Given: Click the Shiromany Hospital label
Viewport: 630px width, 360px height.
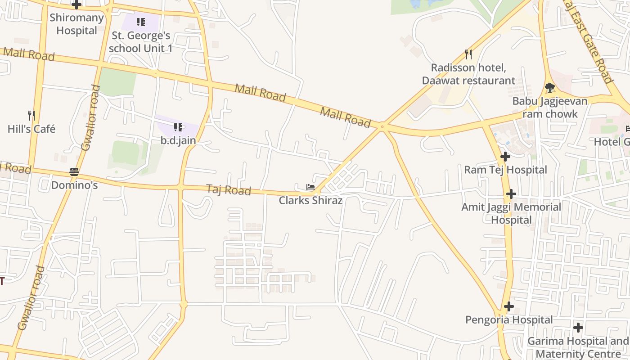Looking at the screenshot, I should pyautogui.click(x=76, y=24).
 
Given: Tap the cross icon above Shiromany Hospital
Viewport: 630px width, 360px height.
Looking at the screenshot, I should pyautogui.click(x=76, y=5).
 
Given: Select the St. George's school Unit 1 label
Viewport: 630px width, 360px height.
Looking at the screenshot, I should pyautogui.click(x=140, y=41).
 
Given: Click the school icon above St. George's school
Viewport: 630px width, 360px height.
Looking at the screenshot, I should pyautogui.click(x=141, y=22).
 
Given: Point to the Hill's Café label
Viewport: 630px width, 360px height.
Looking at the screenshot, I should pyautogui.click(x=31, y=129).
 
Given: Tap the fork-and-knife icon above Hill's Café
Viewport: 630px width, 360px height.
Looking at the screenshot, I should pyautogui.click(x=31, y=116).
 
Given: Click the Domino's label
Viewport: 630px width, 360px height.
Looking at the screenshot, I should pyautogui.click(x=74, y=185).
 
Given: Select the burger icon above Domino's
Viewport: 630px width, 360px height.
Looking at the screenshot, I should pyautogui.click(x=74, y=172).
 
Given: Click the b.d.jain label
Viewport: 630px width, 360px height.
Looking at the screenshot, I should pyautogui.click(x=178, y=140).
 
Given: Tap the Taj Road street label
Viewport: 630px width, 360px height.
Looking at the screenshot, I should pyautogui.click(x=229, y=190).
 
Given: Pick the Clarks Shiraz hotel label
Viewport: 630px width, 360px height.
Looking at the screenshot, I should pyautogui.click(x=310, y=200).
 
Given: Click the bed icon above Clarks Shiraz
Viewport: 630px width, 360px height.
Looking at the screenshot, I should pyautogui.click(x=310, y=187).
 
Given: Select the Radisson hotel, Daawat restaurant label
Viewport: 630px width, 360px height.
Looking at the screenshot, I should pyautogui.click(x=468, y=74).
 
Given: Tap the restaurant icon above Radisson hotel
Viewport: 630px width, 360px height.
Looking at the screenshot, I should pyautogui.click(x=468, y=54).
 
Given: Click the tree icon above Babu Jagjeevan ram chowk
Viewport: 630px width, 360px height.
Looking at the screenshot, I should pyautogui.click(x=549, y=87).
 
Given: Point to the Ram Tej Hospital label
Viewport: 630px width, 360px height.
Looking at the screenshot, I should pyautogui.click(x=505, y=170).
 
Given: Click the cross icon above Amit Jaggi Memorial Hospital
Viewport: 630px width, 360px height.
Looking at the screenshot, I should pyautogui.click(x=511, y=194).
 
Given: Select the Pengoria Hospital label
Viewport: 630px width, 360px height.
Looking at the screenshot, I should pyautogui.click(x=508, y=320).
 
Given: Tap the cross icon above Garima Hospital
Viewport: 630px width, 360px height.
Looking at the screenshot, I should pyautogui.click(x=578, y=328).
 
